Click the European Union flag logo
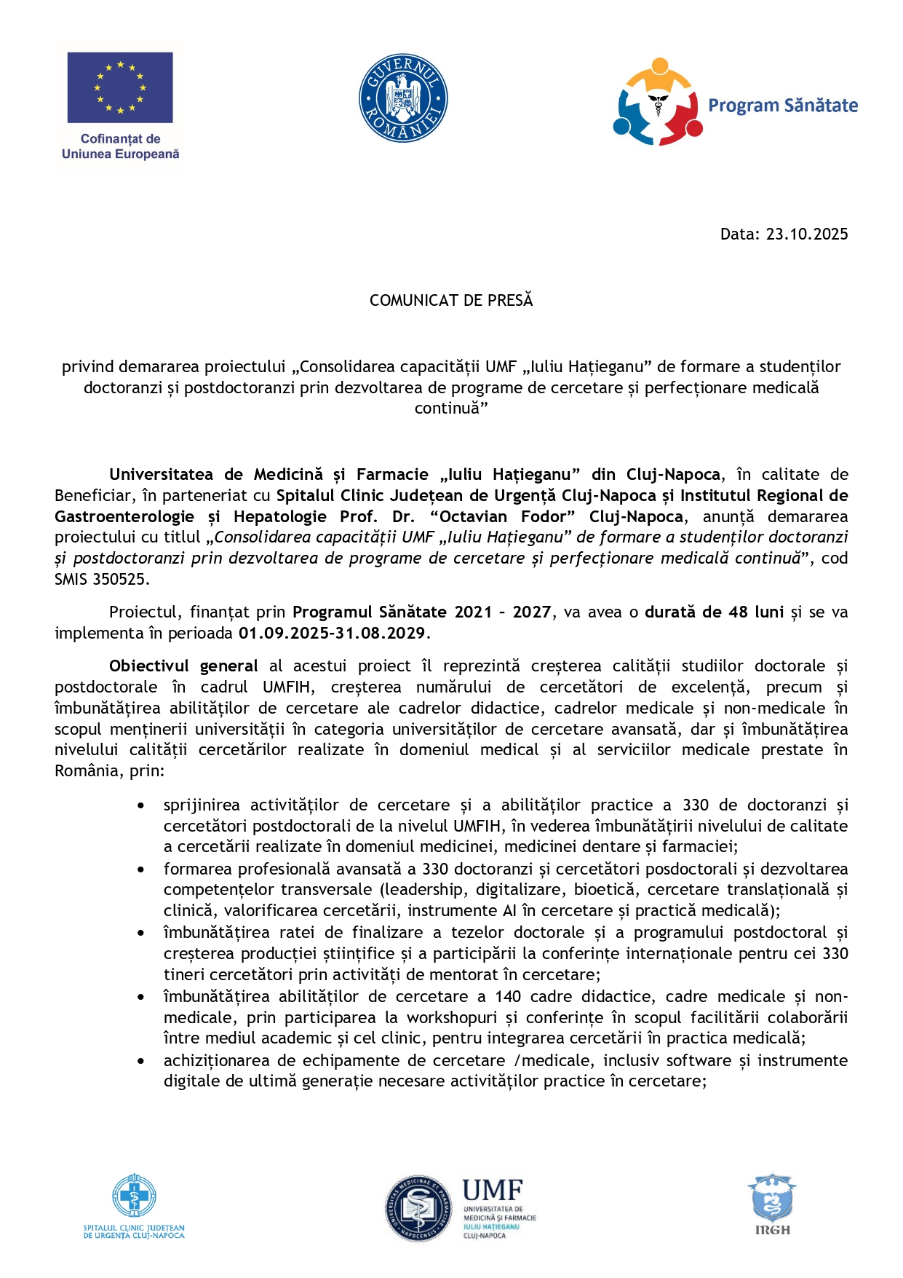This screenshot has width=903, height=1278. (120, 87)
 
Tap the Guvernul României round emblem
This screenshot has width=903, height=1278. (403, 98)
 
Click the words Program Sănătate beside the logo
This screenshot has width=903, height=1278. (783, 106)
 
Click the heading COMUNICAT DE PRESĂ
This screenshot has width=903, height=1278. (451, 300)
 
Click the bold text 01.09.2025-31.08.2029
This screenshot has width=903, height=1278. (332, 633)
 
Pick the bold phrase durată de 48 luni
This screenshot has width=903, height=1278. (714, 612)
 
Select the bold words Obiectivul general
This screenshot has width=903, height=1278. (183, 666)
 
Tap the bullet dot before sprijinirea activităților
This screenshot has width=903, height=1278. (140, 805)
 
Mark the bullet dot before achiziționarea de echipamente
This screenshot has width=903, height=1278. (140, 1061)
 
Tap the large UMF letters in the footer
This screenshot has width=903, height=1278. (493, 1191)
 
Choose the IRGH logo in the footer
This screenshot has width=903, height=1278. (772, 1204)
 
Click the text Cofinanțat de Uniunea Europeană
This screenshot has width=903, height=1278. (121, 146)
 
